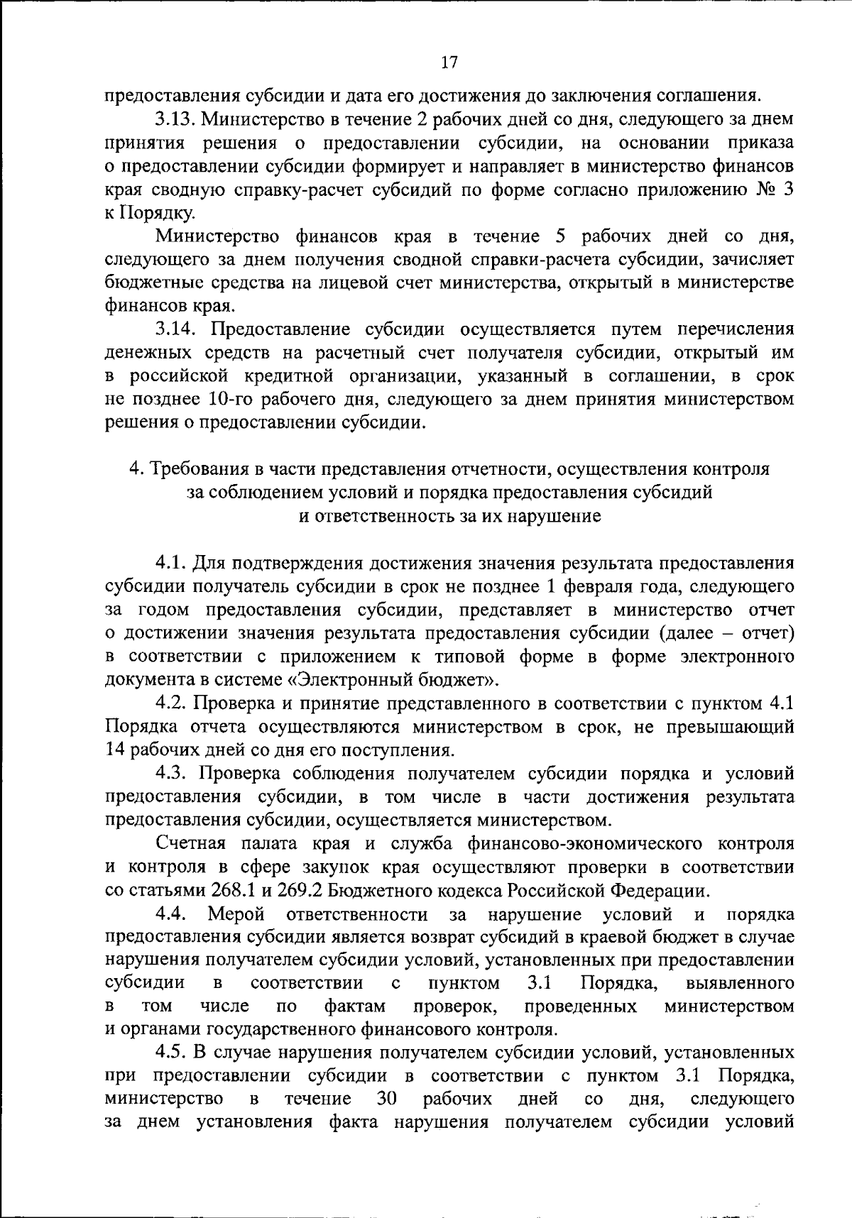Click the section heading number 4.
coord(134,469)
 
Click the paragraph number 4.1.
coord(170,563)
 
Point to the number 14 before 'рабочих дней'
coord(115,750)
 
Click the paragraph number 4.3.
coord(171,773)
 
